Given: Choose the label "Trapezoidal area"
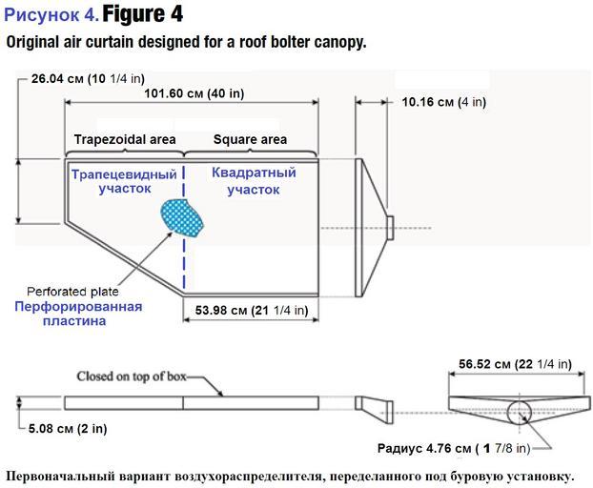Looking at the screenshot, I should [125, 139].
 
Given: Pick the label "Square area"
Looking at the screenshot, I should [250, 139].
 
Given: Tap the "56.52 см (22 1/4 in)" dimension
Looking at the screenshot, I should [515, 363].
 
